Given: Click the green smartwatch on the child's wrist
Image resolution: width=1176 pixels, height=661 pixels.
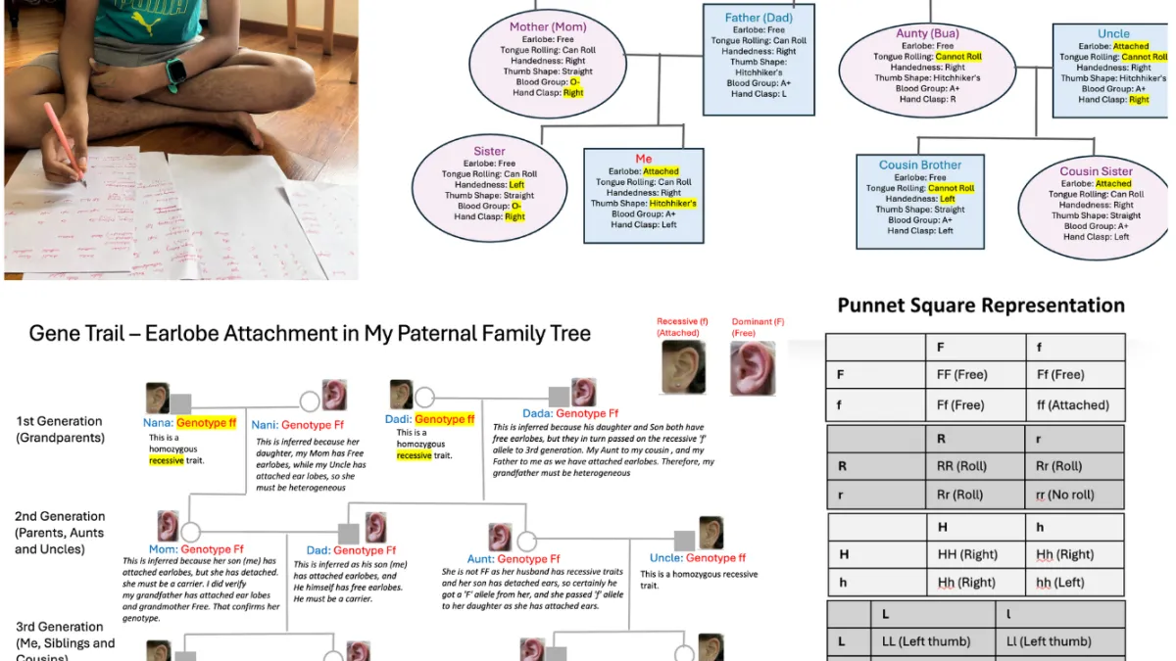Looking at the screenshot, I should (x=176, y=71).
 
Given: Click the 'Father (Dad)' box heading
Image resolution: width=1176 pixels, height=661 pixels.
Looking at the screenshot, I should (x=759, y=18).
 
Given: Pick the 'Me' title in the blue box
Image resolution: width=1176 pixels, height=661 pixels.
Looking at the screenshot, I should (x=643, y=159).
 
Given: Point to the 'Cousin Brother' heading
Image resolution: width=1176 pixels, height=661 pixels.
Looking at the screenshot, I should (x=920, y=165).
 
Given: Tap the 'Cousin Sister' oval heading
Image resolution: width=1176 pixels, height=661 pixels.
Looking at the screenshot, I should (x=1096, y=171).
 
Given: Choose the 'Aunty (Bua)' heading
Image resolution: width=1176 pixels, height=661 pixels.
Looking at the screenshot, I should (x=927, y=33).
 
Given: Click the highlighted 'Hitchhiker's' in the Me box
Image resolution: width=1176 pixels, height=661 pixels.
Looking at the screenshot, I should (x=672, y=204).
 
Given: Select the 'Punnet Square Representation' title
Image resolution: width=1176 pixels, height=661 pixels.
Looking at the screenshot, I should (x=981, y=306).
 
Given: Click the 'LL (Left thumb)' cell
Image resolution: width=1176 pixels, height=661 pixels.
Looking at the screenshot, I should (x=923, y=641).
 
